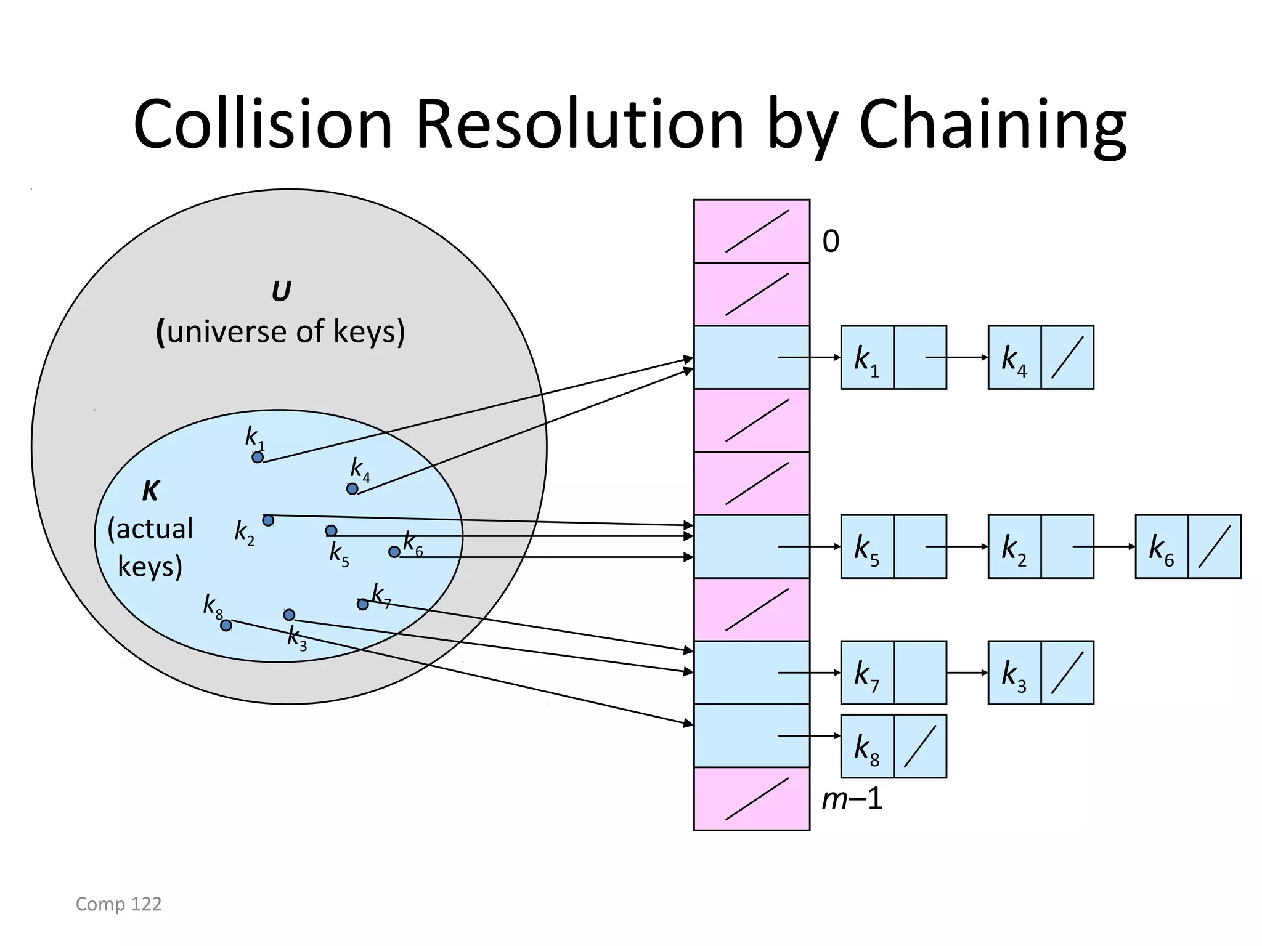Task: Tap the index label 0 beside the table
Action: pyautogui.click(x=831, y=241)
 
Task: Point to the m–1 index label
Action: pyautogui.click(x=852, y=799)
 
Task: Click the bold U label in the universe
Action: pyautogui.click(x=281, y=291)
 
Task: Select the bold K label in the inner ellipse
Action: pyautogui.click(x=150, y=491)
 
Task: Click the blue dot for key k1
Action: pyautogui.click(x=258, y=457)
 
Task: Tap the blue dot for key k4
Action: pyautogui.click(x=352, y=489)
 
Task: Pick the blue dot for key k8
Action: pyautogui.click(x=226, y=626)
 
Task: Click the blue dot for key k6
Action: pyautogui.click(x=394, y=552)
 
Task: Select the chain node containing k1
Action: pyautogui.click(x=867, y=358)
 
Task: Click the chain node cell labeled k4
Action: pyautogui.click(x=1014, y=358)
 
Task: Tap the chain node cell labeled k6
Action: pyautogui.click(x=1162, y=547)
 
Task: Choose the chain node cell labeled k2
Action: pyautogui.click(x=1014, y=547)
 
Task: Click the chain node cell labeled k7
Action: pyautogui.click(x=867, y=673)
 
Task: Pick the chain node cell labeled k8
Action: pyautogui.click(x=867, y=746)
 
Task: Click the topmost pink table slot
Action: pyautogui.click(x=751, y=231)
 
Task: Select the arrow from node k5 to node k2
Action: pyautogui.click(x=956, y=547)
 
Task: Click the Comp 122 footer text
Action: pyautogui.click(x=118, y=904)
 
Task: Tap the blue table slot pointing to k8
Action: pyautogui.click(x=751, y=736)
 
